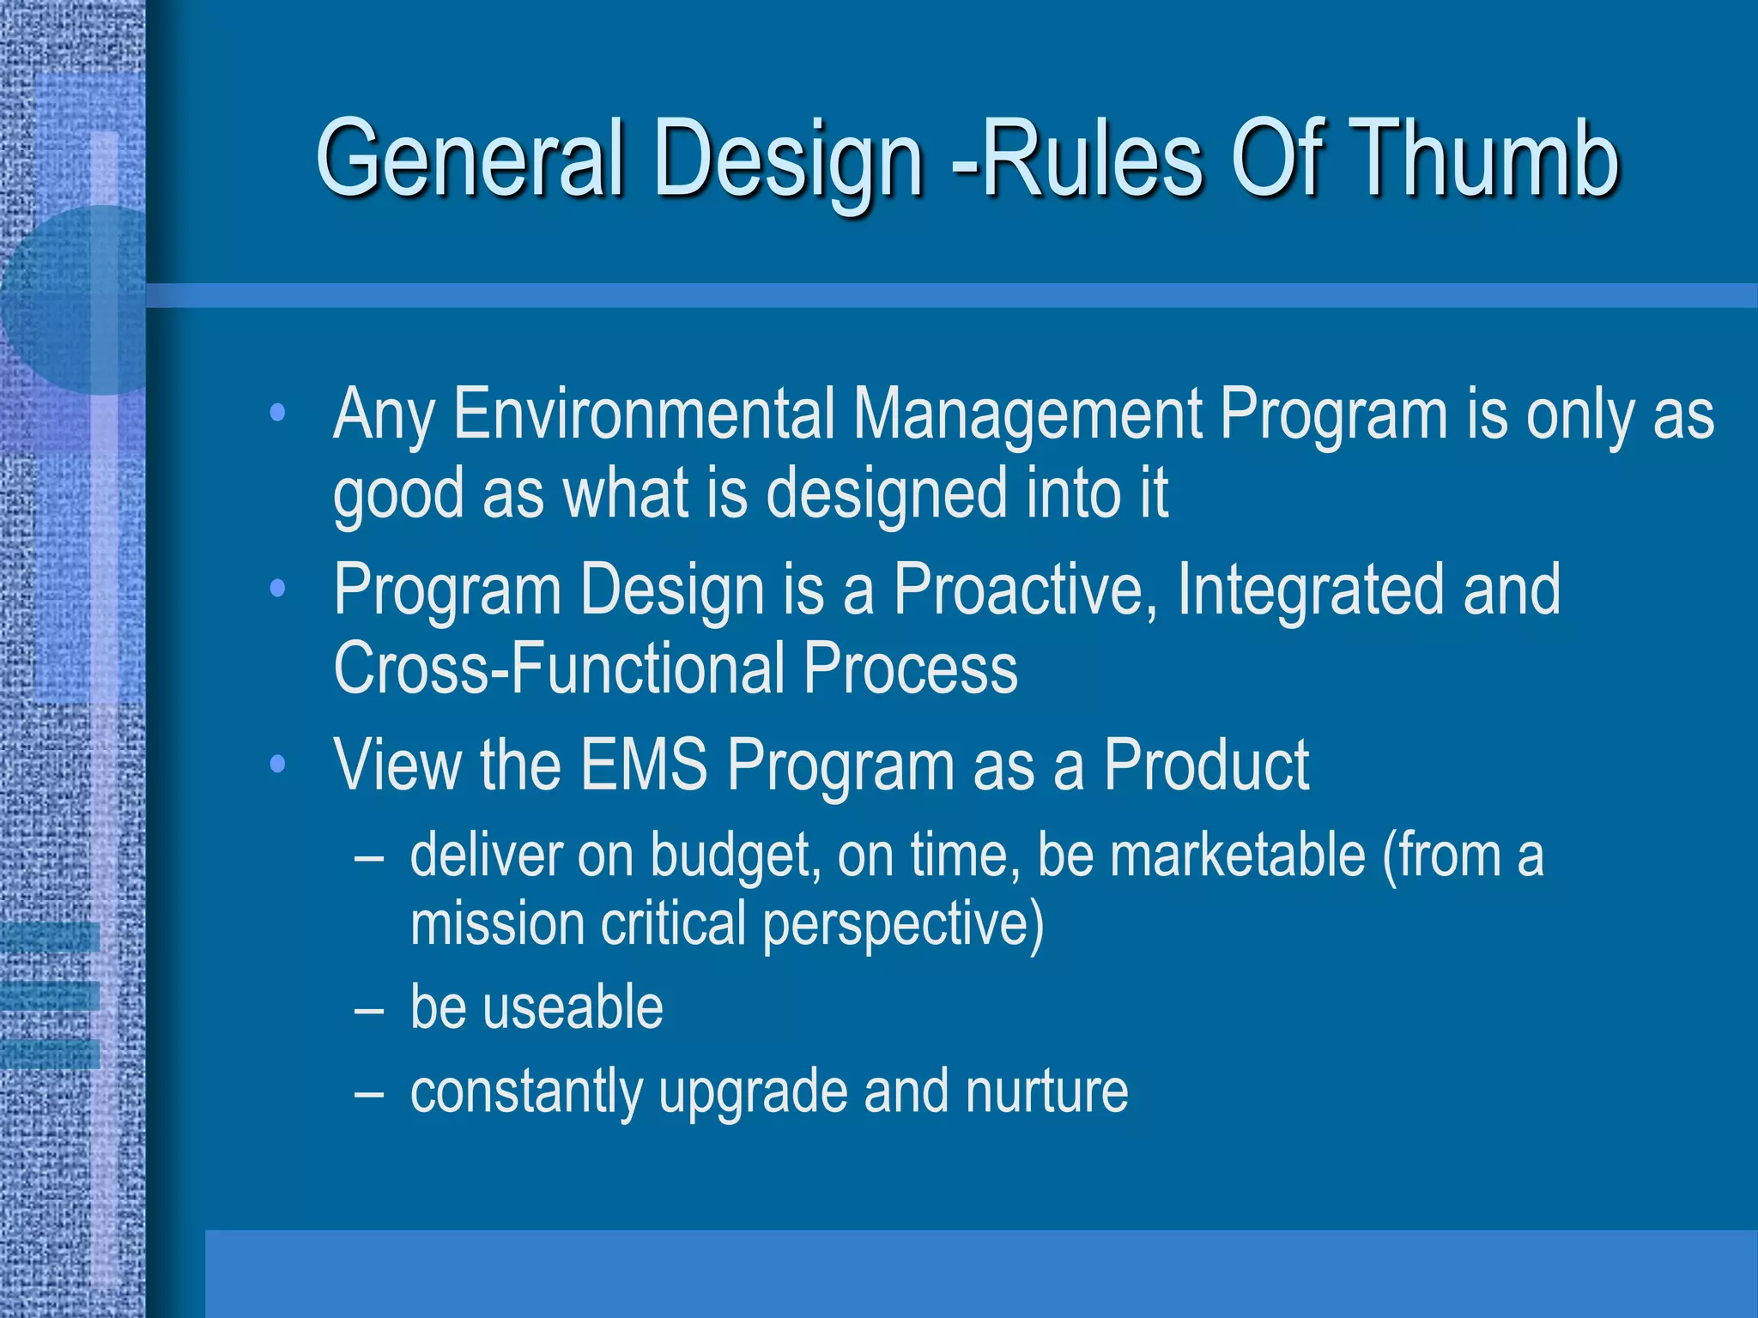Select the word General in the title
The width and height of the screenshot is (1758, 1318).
[469, 159]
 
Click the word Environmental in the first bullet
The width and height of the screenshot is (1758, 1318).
[644, 414]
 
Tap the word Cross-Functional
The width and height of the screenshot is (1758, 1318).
[558, 668]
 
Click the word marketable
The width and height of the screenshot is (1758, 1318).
[1237, 856]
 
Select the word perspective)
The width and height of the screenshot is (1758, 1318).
[903, 925]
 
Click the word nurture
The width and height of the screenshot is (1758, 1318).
[1046, 1091]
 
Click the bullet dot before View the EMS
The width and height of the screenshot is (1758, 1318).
[276, 764]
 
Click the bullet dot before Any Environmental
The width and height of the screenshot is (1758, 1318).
[276, 414]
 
